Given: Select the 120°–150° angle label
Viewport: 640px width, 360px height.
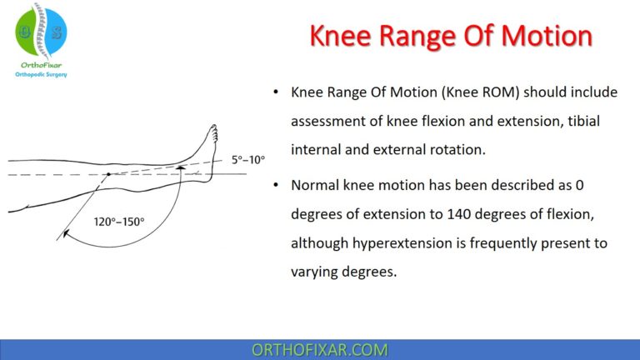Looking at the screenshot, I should click(x=119, y=222).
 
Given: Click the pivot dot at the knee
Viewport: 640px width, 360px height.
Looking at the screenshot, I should click(x=108, y=174).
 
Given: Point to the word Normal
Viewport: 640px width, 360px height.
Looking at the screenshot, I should click(x=317, y=182).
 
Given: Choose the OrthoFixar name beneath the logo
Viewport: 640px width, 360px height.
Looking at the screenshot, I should click(x=40, y=64).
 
